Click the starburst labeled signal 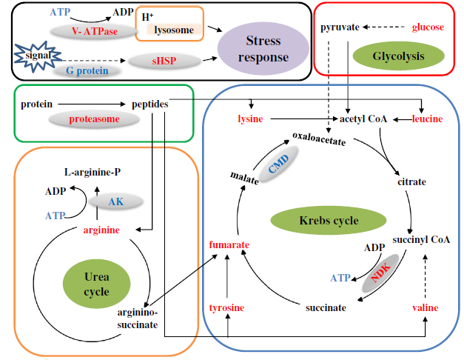click(30, 56)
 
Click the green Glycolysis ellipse click(388, 55)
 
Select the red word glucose click(427, 27)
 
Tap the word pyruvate click(340, 27)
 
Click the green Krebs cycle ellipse click(329, 220)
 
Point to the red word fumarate click(229, 244)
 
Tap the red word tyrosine click(226, 307)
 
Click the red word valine click(425, 307)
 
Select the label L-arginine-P click(93, 172)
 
